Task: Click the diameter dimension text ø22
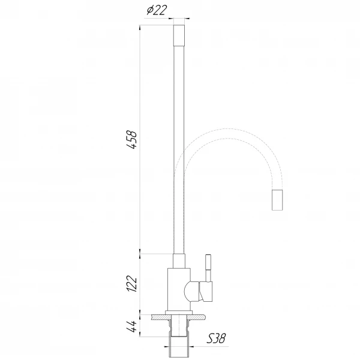(x=155, y=11)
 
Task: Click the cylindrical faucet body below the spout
(x=178, y=291)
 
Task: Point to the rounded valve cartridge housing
(x=192, y=292)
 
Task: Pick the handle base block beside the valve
(x=206, y=292)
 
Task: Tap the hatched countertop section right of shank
(x=199, y=315)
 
